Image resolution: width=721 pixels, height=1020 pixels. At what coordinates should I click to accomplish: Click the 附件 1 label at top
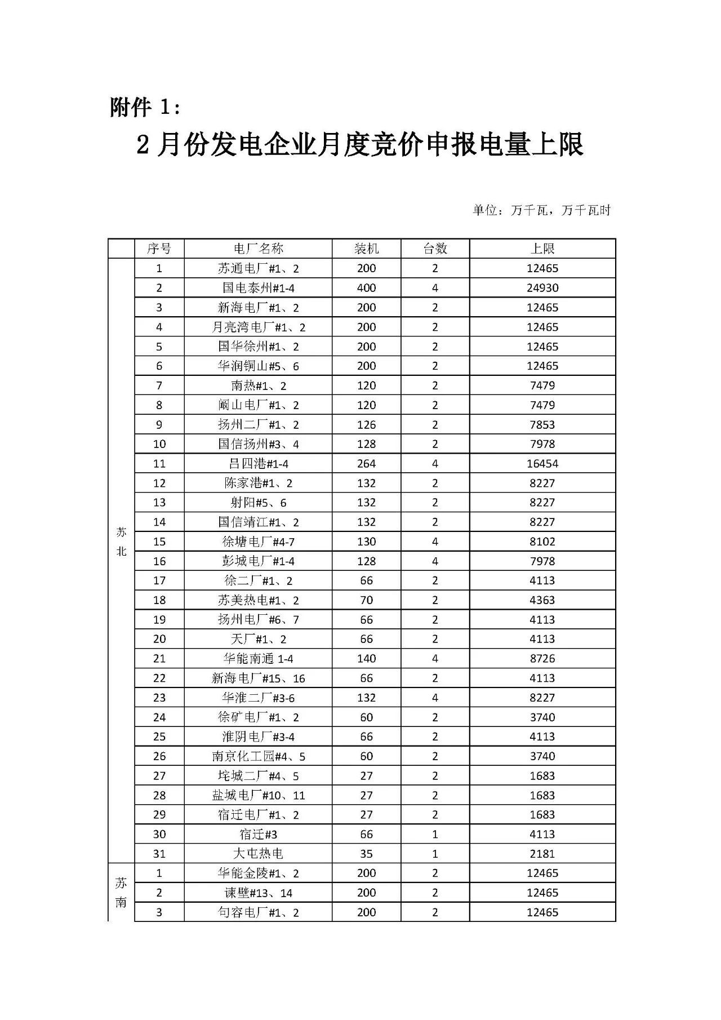[x=145, y=107]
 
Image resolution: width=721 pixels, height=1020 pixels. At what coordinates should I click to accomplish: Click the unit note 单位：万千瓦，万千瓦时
[x=541, y=211]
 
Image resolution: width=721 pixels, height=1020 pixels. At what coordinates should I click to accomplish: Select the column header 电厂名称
[x=258, y=249]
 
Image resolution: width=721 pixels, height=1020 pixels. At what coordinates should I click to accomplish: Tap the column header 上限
[x=542, y=249]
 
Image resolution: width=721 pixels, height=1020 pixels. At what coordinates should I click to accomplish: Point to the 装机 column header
[x=366, y=249]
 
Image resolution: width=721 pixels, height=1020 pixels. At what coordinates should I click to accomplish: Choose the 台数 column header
[x=435, y=249]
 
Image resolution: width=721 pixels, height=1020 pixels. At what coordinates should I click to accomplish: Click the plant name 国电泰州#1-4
[x=258, y=288]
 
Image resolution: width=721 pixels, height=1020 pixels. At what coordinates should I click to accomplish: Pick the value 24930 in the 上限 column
[x=542, y=288]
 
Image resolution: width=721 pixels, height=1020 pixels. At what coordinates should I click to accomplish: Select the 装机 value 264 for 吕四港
[x=366, y=464]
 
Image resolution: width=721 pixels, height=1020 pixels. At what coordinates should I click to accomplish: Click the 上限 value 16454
[x=542, y=464]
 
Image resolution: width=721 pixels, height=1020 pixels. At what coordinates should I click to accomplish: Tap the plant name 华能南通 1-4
[x=258, y=659]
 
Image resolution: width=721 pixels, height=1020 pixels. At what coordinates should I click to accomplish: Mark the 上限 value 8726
[x=542, y=659]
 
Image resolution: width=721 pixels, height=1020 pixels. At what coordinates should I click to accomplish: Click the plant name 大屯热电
[x=258, y=854]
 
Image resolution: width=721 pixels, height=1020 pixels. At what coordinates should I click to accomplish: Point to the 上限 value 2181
[x=542, y=854]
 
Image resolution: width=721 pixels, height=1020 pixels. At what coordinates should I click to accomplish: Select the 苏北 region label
[x=121, y=542]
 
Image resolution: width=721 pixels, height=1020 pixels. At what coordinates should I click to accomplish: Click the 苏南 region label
[x=121, y=893]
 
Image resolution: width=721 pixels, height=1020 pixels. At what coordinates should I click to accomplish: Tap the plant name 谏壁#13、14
[x=258, y=893]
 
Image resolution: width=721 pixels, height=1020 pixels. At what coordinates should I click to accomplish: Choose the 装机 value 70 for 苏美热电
[x=366, y=600]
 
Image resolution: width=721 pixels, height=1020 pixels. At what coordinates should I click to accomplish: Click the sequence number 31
[x=159, y=854]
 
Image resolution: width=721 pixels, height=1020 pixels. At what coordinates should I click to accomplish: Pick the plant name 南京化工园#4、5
[x=258, y=756]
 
